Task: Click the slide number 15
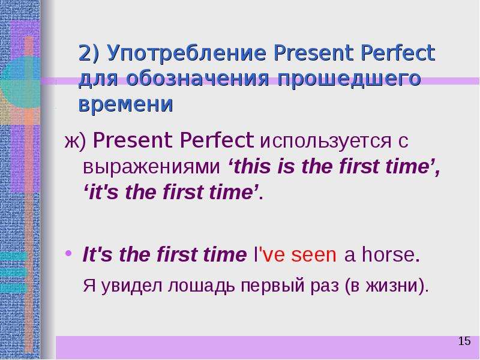[x=464, y=341]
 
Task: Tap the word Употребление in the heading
[x=186, y=53]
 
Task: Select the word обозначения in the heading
[x=197, y=79]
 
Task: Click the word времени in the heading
[x=126, y=104]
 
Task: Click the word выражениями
[x=152, y=167]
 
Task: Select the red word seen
[x=313, y=256]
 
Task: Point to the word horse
[x=388, y=254]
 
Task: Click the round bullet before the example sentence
[x=68, y=253]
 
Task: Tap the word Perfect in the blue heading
[x=398, y=53]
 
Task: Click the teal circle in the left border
[x=20, y=82]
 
